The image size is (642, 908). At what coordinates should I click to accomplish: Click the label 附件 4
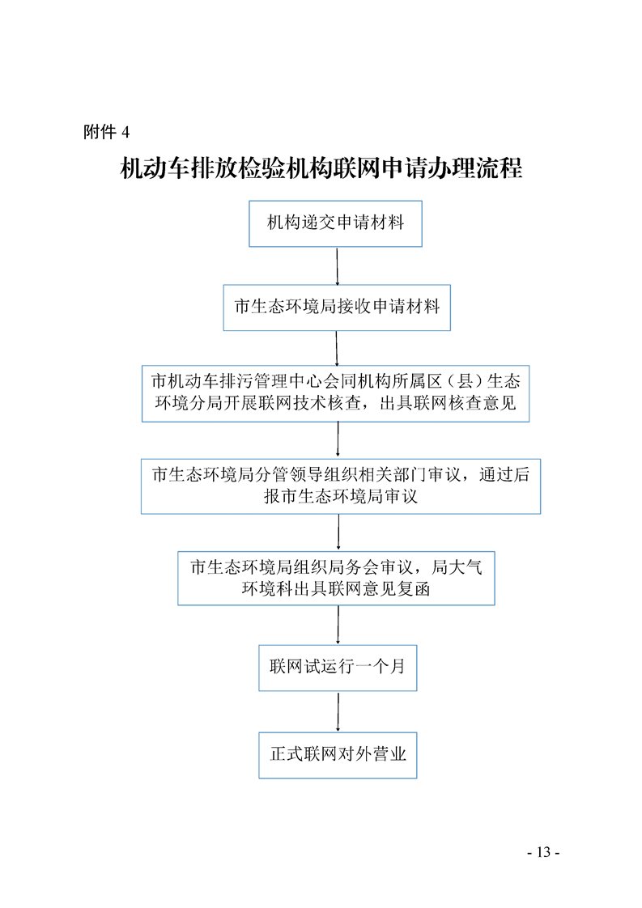coord(106,132)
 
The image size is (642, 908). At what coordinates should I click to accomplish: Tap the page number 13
coord(543,852)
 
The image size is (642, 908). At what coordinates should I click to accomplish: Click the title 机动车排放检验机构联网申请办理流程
coord(321,168)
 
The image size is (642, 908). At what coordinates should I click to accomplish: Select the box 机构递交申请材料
coord(335,223)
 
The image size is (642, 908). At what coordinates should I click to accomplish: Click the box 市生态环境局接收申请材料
coord(337,308)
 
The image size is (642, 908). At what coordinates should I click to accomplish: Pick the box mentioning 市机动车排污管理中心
coord(335,393)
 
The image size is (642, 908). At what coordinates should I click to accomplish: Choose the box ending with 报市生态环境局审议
coord(341,486)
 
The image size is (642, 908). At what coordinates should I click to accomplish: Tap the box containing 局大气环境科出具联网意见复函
coord(336,578)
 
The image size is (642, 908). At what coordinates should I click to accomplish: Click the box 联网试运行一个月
coord(338,668)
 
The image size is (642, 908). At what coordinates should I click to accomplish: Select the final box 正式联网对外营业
coord(338,755)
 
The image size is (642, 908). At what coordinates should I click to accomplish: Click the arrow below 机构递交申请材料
coord(338,265)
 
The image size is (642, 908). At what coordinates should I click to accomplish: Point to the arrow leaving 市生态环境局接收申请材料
coord(337,348)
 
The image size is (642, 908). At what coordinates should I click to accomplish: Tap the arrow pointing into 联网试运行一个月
coord(338,625)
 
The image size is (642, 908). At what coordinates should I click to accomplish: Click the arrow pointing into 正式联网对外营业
coord(338,711)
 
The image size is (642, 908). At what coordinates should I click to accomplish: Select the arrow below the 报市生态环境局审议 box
coord(338,532)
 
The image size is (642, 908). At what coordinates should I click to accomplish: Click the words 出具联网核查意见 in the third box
coord(448,402)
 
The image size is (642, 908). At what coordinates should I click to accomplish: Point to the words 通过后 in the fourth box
coord(504,474)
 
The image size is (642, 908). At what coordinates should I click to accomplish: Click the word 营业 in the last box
coord(389,754)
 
